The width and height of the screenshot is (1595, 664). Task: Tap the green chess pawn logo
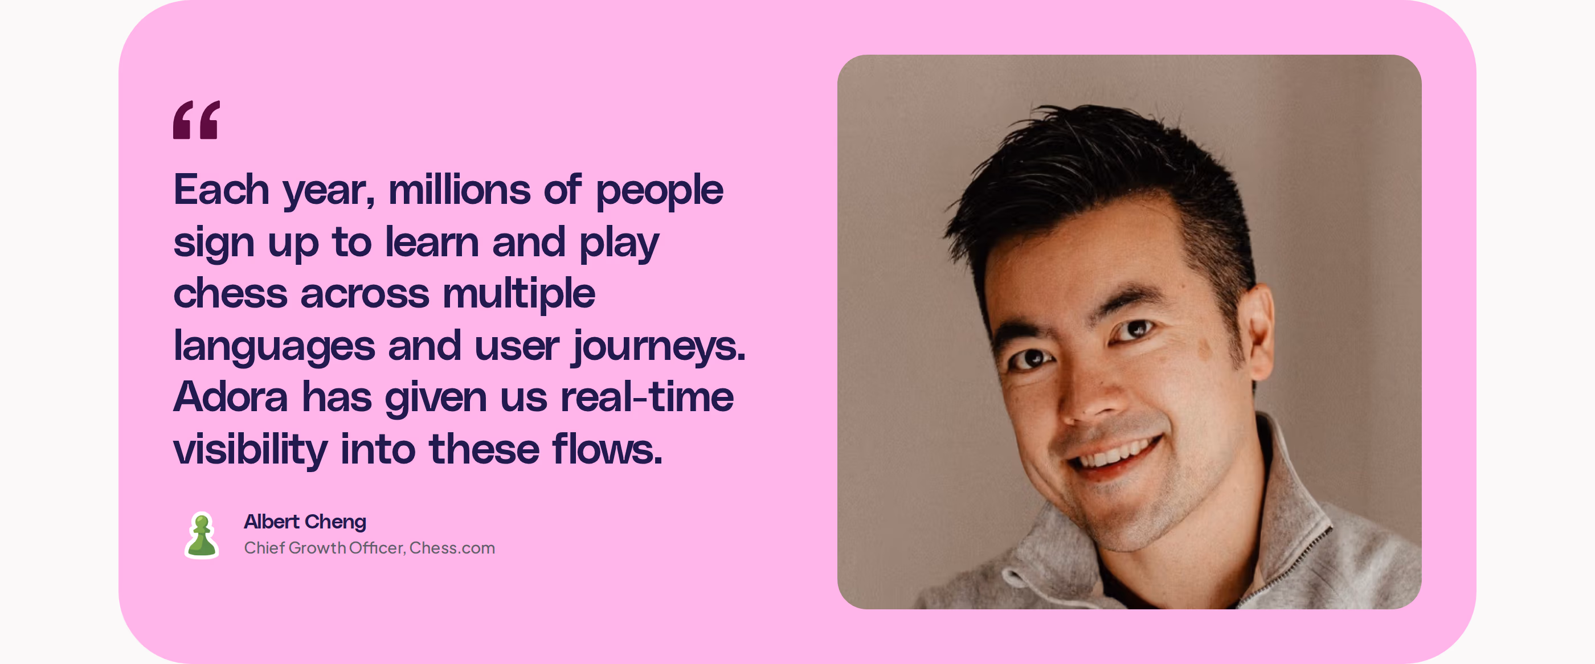coord(202,535)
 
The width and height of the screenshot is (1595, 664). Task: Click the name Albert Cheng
coord(305,522)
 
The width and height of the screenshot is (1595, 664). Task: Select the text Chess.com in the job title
coord(452,548)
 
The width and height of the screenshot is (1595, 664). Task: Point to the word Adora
coord(231,397)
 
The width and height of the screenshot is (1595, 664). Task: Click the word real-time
coord(647,397)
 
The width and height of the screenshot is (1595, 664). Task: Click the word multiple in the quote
coord(519,294)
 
